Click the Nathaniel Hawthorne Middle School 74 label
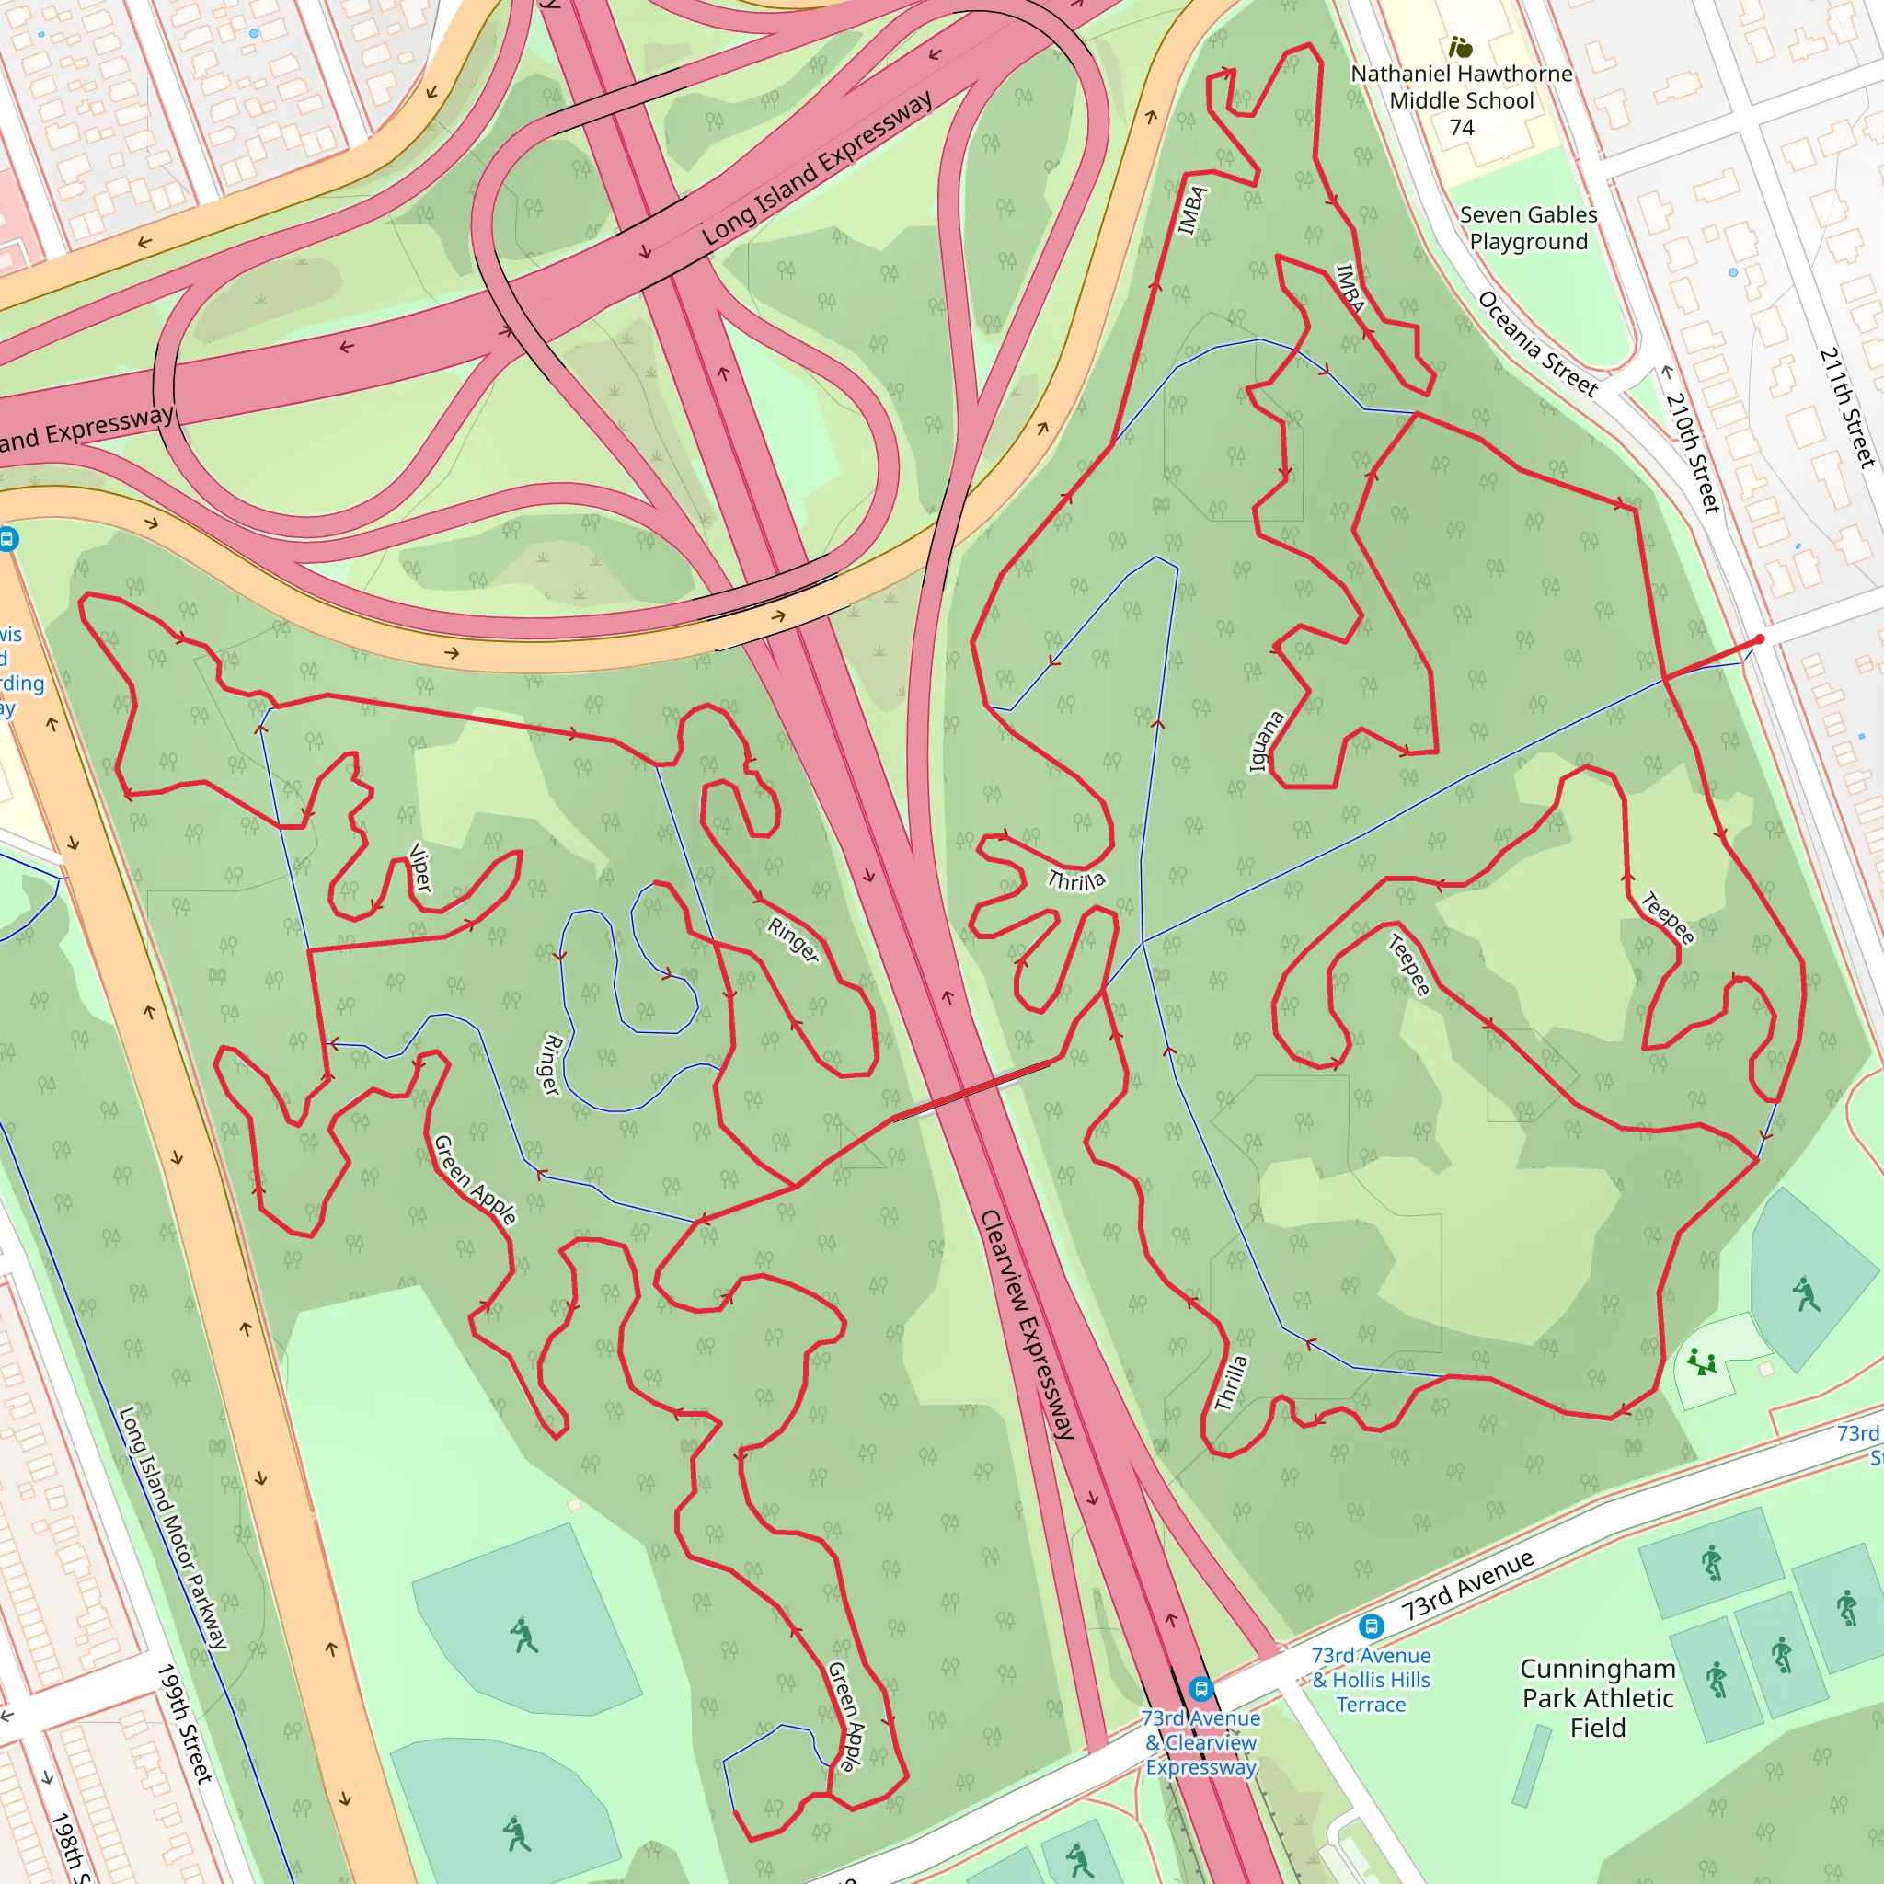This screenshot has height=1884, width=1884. point(1461,99)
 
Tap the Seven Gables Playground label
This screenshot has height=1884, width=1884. point(1528,228)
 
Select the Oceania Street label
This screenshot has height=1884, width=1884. point(1537,344)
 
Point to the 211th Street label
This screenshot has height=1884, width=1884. point(1847,407)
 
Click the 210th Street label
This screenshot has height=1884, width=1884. point(1692,452)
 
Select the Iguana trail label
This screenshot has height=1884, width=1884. point(1267,742)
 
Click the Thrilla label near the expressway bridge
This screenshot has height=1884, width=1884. point(1076,880)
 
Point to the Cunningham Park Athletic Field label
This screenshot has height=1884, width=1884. point(1597,1698)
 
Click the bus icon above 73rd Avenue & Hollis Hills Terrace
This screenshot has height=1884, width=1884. point(1371,1626)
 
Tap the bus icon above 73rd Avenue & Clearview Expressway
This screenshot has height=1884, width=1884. point(1200,1688)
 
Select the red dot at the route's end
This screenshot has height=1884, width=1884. point(1759,639)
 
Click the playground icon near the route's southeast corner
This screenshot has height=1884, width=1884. point(1702,1361)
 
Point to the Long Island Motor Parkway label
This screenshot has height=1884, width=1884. point(173,1527)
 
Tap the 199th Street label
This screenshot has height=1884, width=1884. point(184,1724)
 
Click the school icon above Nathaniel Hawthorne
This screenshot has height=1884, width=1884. point(1460,47)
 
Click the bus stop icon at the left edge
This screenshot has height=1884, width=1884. point(7,538)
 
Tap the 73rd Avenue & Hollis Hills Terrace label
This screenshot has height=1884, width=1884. point(1371,1679)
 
